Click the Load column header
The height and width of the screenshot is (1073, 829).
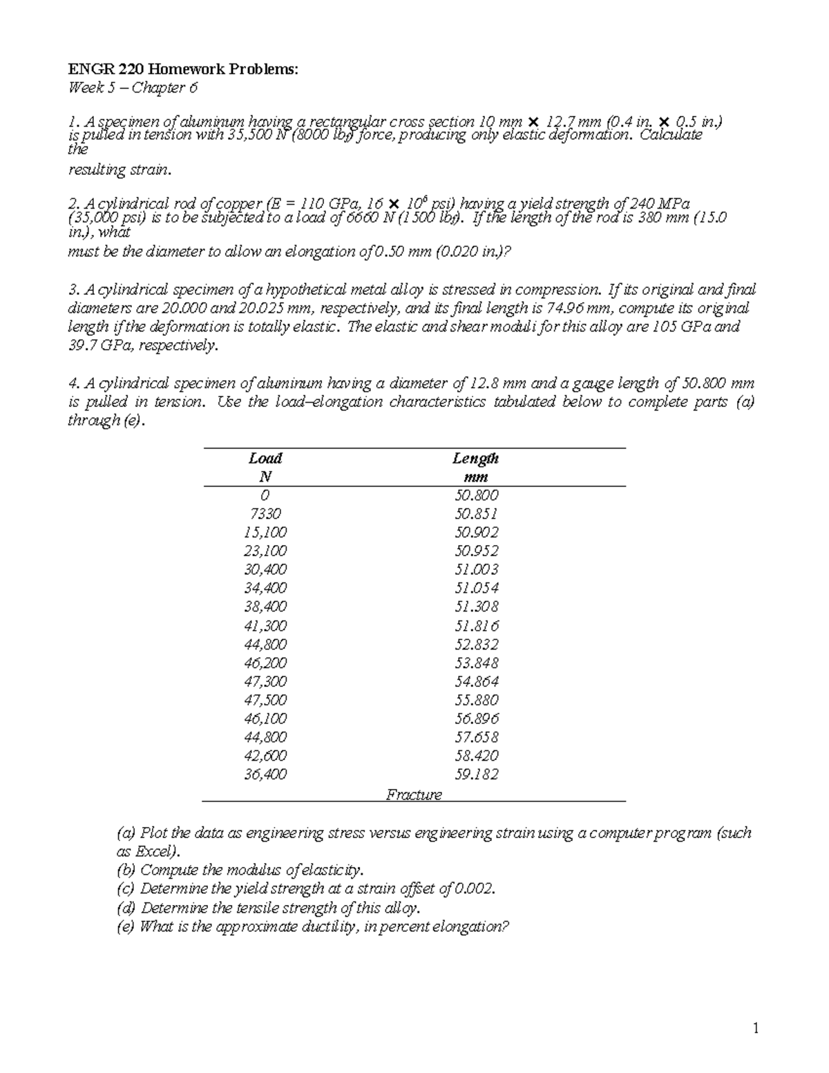[265, 459]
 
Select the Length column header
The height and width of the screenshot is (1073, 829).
[475, 459]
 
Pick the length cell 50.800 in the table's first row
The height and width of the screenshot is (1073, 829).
[476, 495]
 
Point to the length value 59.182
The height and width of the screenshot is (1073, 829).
[476, 775]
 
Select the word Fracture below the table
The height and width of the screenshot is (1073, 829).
[414, 795]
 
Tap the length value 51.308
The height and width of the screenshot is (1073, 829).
[476, 607]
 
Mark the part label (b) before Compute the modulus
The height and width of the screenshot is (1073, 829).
[126, 871]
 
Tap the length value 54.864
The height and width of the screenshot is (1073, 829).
[476, 681]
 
